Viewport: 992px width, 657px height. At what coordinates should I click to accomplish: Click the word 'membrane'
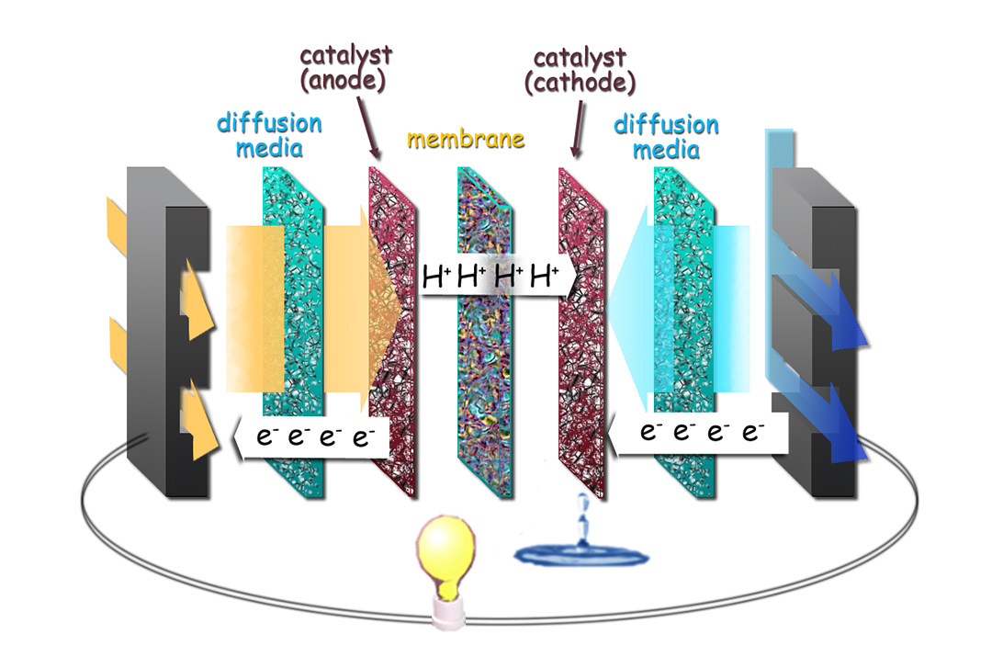click(x=466, y=140)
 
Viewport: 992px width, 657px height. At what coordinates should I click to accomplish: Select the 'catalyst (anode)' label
click(x=346, y=68)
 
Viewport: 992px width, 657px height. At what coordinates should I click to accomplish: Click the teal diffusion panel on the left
click(x=292, y=331)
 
